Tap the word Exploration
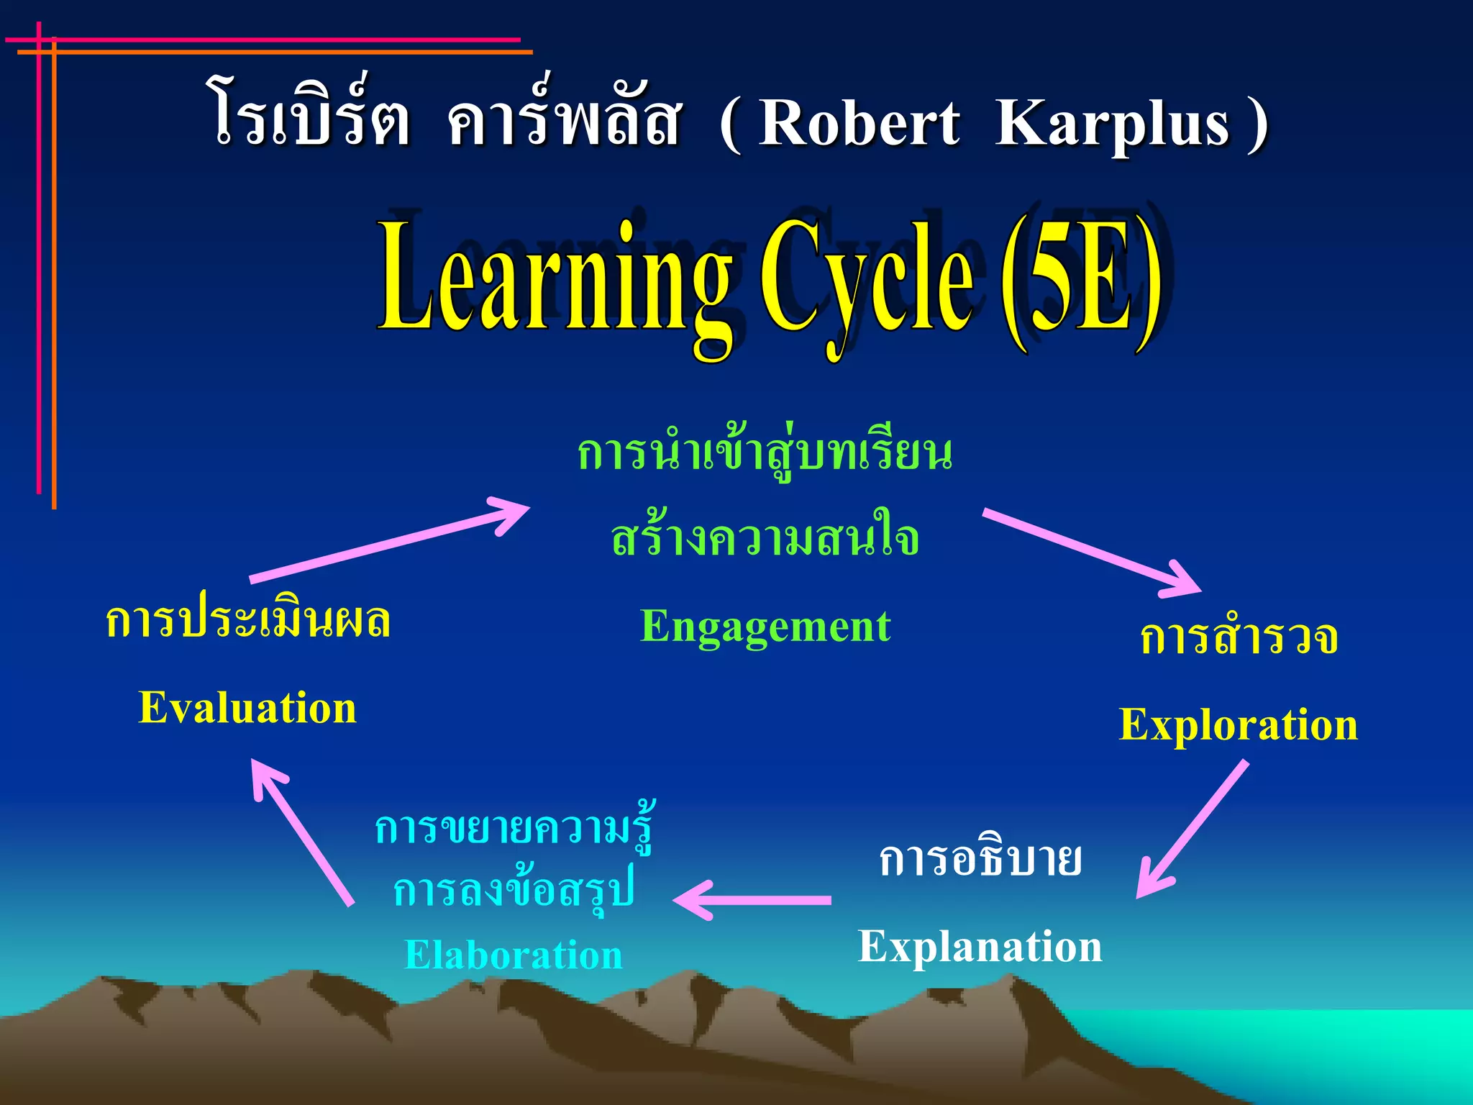click(1238, 725)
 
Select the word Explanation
click(980, 947)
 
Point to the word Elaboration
click(513, 955)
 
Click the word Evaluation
click(247, 708)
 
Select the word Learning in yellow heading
click(554, 281)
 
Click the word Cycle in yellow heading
click(867, 281)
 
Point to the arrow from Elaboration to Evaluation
click(302, 832)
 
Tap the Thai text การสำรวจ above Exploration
click(1239, 637)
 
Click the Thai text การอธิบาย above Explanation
click(980, 859)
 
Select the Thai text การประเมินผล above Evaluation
click(247, 620)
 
